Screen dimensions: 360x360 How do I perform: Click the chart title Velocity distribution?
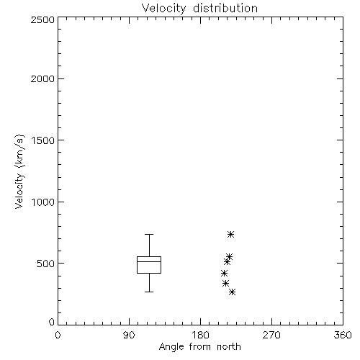199,8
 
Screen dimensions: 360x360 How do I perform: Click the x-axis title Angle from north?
199,347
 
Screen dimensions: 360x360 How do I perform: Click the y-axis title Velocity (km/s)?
19,171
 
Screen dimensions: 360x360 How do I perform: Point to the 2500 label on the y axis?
42,19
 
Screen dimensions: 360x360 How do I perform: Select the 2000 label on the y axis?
42,78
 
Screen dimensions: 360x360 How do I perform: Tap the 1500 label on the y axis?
43,140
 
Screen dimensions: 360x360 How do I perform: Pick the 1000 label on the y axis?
43,202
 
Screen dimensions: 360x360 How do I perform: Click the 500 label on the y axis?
45,264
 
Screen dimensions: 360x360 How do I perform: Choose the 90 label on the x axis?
129,335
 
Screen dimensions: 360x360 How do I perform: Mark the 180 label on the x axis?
200,335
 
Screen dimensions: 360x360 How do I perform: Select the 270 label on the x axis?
271,335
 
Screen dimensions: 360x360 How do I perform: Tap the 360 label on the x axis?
343,335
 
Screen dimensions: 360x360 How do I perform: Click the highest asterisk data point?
230,234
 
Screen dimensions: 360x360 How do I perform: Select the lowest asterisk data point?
232,292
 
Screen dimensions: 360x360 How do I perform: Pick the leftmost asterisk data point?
224,273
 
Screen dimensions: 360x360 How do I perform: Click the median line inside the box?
149,261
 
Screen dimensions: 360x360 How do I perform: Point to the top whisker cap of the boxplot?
149,234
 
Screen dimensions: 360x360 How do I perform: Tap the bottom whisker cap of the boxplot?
149,292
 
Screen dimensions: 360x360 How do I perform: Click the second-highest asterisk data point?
229,256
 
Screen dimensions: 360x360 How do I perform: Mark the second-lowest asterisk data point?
225,284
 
